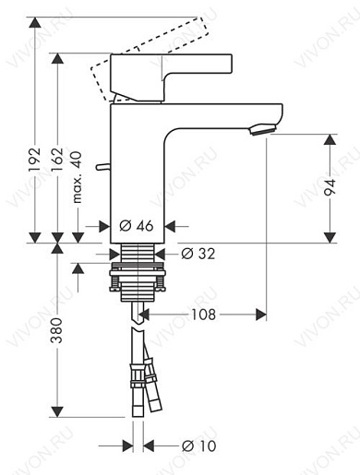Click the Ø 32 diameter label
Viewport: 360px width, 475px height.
point(198,255)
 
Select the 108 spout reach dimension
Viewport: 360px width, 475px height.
point(204,315)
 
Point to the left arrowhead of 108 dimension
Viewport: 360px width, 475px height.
point(148,315)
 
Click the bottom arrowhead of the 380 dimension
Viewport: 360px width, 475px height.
point(57,411)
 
